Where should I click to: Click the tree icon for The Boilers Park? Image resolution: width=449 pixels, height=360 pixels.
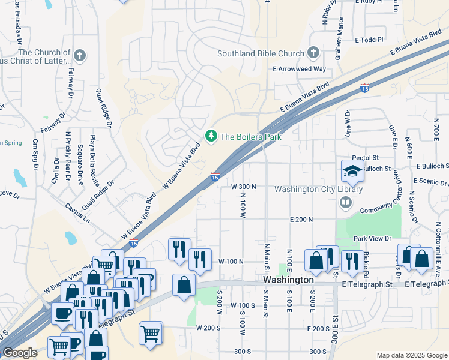coord(211,137)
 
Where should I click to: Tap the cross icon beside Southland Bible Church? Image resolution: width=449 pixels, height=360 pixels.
coord(313,53)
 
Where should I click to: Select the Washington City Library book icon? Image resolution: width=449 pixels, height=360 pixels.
coord(346,203)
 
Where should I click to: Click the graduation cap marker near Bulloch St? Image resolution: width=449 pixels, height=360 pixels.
coord(352,171)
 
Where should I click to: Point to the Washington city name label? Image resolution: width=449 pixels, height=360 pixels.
coord(288,280)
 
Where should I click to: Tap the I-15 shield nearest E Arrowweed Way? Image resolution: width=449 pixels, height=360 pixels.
coord(365,88)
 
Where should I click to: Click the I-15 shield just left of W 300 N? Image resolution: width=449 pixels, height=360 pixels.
coord(215,176)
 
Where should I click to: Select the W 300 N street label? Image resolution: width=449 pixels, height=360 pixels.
coord(244,187)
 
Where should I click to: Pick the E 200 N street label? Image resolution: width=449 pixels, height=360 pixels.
coord(301,220)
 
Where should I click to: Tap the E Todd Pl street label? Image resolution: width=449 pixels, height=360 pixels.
coord(369,40)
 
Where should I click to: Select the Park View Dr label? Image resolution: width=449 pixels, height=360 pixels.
coord(372,239)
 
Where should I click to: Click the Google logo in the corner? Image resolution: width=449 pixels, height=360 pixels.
coord(20,353)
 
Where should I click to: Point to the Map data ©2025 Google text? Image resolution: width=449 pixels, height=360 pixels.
coord(412,355)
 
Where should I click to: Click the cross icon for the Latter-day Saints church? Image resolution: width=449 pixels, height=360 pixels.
coord(80,56)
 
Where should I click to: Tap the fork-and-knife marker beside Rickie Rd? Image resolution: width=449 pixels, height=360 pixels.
coord(351,260)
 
